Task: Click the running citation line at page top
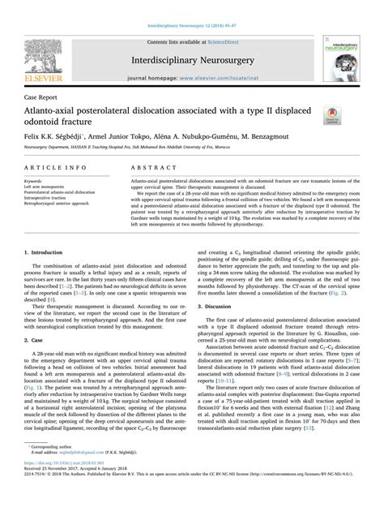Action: [x=191, y=5]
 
